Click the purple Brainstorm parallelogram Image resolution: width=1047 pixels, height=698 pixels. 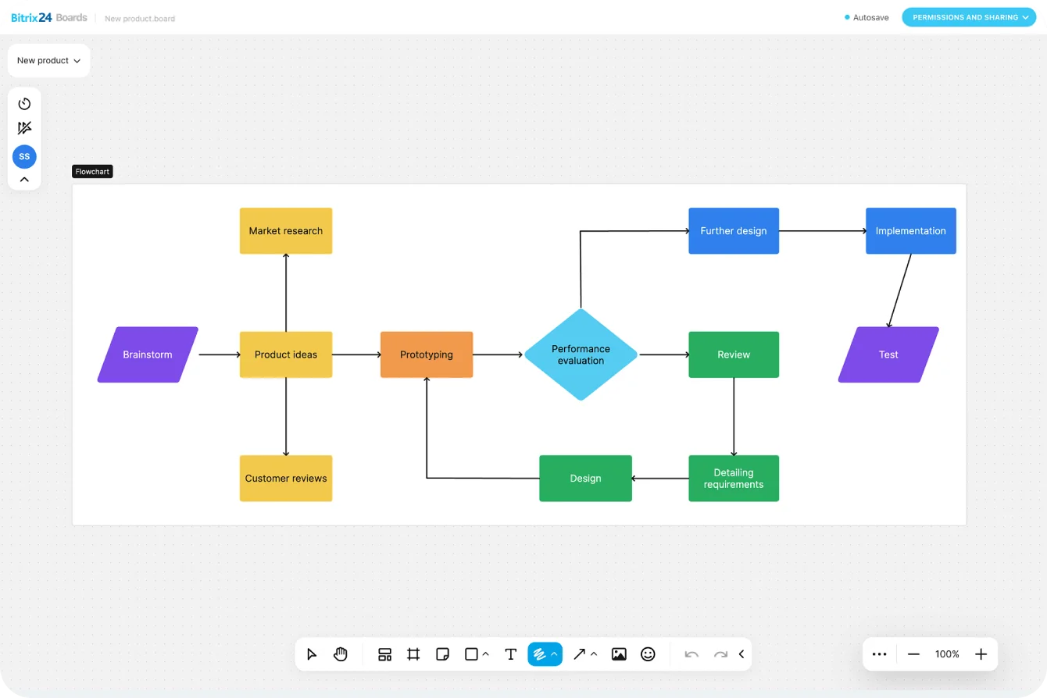(148, 354)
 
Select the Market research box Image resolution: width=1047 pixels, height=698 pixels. (286, 231)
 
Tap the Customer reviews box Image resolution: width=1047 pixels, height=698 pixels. (286, 479)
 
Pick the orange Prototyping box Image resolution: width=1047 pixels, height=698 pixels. (427, 354)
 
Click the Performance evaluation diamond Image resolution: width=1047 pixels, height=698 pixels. (581, 354)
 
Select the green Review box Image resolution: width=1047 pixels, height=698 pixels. (734, 354)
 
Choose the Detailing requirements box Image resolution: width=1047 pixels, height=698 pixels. (734, 479)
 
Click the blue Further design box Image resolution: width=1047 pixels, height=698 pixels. (734, 231)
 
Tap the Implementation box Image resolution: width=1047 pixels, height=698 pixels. (911, 231)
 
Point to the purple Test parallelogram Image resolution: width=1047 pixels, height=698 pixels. (888, 354)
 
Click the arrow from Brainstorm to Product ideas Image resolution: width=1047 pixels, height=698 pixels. (219, 354)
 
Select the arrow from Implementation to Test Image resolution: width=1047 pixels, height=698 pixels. (899, 290)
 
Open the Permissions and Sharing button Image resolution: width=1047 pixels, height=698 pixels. (969, 17)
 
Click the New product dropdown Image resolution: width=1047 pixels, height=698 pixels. (48, 60)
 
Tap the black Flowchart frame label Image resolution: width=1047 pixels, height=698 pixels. (92, 172)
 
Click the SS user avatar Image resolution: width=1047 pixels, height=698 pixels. (24, 157)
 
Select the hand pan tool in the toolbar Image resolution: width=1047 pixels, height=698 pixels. (341, 654)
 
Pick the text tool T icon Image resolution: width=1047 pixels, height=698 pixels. (511, 654)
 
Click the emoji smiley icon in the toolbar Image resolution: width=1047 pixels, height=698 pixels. (648, 654)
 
